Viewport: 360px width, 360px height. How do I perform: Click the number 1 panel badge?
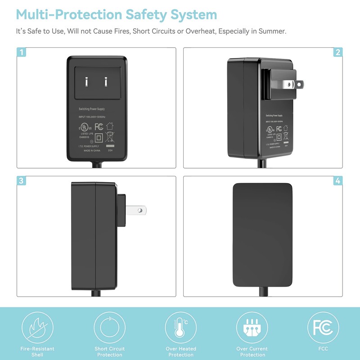click(22, 52)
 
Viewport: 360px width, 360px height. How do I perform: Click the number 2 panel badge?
click(337, 52)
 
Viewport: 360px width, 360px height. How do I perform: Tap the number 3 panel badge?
click(22, 180)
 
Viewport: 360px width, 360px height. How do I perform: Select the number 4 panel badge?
click(337, 180)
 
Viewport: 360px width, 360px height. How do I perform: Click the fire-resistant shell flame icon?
click(38, 327)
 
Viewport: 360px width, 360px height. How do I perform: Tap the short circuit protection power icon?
click(109, 327)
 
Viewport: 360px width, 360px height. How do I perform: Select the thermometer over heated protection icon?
click(181, 327)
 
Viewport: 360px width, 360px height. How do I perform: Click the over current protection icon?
click(252, 327)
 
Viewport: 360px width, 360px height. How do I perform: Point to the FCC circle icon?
click(324, 327)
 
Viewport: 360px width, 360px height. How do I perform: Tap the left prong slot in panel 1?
click(86, 82)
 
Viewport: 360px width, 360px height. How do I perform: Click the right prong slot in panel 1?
click(106, 82)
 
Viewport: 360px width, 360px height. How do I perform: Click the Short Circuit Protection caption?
click(109, 351)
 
